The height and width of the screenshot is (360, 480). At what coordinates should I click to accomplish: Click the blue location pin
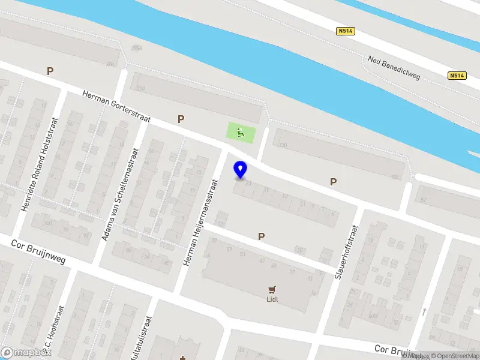point(241,170)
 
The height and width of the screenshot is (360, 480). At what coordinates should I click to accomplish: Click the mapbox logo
point(25,353)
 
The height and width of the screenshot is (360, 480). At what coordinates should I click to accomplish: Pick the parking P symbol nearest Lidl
point(261,236)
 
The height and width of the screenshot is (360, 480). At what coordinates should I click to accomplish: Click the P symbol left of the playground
point(180,119)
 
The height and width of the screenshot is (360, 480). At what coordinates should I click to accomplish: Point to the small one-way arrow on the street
point(424,311)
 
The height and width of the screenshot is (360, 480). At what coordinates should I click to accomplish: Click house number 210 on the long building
point(141,89)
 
